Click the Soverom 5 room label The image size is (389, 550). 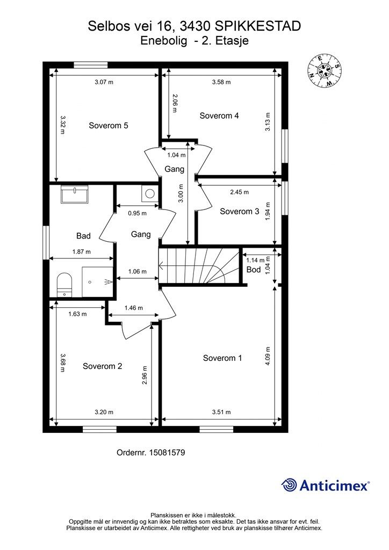coord(109,126)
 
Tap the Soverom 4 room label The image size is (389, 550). coord(219,116)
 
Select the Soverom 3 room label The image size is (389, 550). coord(240,212)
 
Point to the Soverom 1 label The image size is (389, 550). coord(222,358)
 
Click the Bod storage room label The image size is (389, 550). coord(254,270)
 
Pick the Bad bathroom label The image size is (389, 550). coord(83,236)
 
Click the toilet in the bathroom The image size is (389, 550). coord(64,285)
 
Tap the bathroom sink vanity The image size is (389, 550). coord(75,194)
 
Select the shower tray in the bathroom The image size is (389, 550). coord(98,281)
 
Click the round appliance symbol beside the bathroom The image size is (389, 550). coord(150,193)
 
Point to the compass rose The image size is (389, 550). coord(325,70)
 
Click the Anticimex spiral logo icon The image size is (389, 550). coord(289,485)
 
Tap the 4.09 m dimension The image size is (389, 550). coord(268,357)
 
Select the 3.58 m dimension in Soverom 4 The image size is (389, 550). coord(221,82)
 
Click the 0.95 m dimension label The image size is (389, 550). coord(137,213)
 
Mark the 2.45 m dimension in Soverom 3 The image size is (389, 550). coord(239,192)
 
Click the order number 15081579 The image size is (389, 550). coord(167,452)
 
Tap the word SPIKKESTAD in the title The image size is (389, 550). coord(257,26)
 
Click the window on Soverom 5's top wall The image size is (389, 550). coord(90,65)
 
